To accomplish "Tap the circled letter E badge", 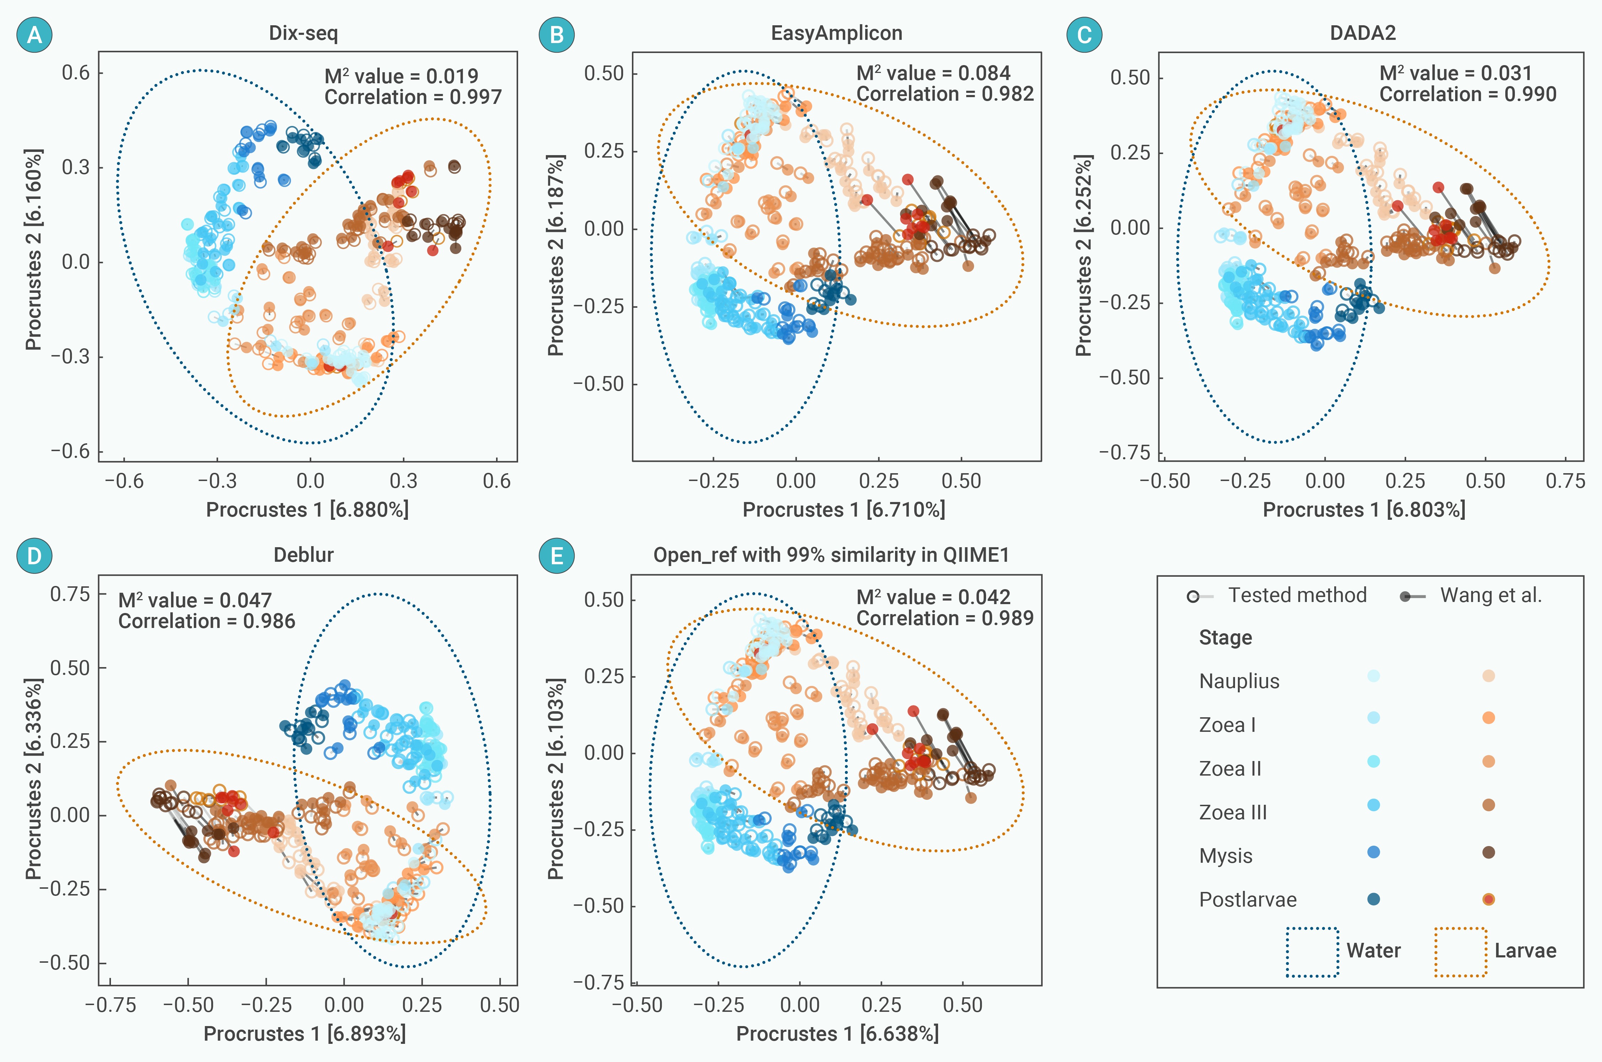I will pyautogui.click(x=556, y=556).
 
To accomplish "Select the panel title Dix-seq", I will pyautogui.click(x=303, y=33).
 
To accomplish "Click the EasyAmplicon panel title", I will pyautogui.click(x=836, y=33).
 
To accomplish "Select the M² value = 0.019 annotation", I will pyautogui.click(x=401, y=76).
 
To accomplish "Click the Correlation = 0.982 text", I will pyautogui.click(x=945, y=94).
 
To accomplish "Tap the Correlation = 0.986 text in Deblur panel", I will pyautogui.click(x=206, y=621).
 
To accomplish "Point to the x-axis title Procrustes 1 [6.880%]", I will pyautogui.click(x=307, y=509).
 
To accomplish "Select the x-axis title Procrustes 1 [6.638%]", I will pyautogui.click(x=837, y=1034).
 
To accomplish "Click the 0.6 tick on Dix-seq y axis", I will pyautogui.click(x=76, y=73).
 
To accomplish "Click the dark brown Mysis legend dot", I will pyautogui.click(x=1488, y=852).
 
